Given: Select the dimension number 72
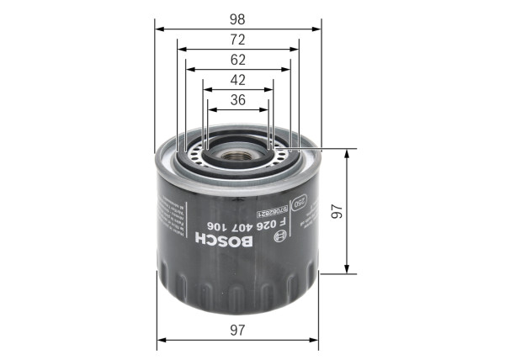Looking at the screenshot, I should click(238, 40).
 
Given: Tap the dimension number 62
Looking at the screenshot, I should click(238, 61).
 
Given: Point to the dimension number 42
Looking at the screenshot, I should click(238, 82).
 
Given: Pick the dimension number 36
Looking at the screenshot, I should click(238, 100).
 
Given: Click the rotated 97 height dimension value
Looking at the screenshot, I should click(337, 213).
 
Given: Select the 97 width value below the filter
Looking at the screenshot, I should click(238, 331).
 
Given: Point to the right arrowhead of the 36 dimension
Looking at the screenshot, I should click(265, 110).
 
